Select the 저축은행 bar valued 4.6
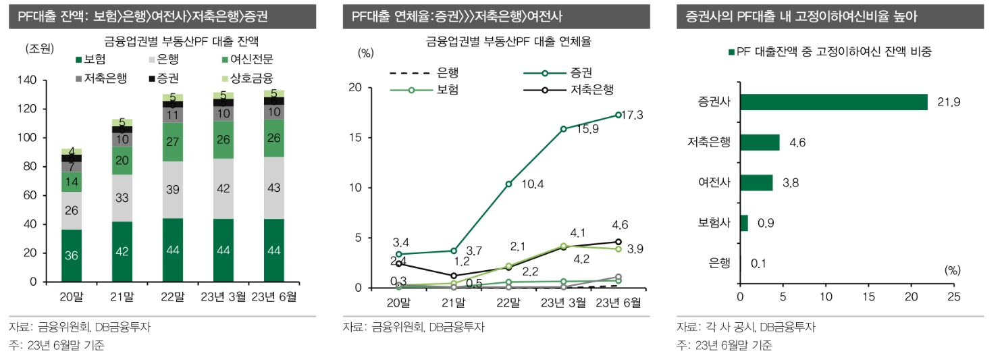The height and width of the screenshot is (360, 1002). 760,142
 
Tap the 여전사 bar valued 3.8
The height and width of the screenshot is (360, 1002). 756,182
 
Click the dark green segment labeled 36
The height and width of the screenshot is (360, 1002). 71,255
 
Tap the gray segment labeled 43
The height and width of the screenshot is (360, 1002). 273,188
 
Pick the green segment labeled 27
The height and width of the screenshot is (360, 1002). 173,142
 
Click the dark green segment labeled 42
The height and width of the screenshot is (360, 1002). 122,251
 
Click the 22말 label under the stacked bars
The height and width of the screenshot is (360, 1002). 173,297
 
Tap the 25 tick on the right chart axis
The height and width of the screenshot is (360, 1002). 953,297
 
